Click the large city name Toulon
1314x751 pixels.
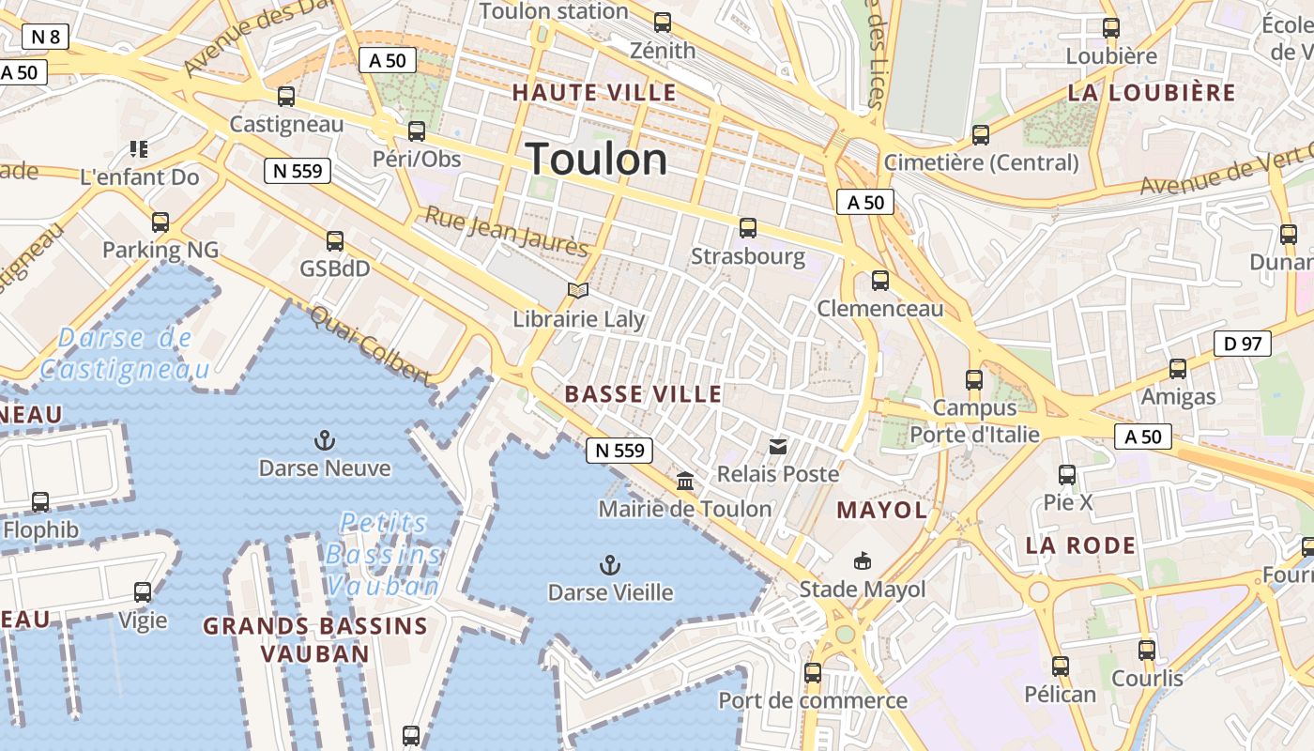[x=597, y=160]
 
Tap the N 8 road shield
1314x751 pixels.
[x=46, y=38]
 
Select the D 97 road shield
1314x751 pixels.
[x=1243, y=344]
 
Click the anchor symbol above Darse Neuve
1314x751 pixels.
[x=325, y=440]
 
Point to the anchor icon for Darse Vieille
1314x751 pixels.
[x=610, y=565]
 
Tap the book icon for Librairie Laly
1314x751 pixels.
[x=578, y=292]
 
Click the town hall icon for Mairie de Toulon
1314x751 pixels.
[x=685, y=482]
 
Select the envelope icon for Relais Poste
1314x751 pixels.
[x=778, y=447]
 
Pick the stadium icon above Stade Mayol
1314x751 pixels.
[x=862, y=561]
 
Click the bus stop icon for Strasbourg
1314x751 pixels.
[x=748, y=228]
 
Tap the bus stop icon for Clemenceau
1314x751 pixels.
[x=880, y=281]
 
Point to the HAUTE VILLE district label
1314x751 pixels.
[x=594, y=93]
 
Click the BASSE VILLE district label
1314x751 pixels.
[x=644, y=394]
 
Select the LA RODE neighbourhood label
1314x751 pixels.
[x=1080, y=545]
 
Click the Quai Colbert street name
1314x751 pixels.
[x=370, y=345]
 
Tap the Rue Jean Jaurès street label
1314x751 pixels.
[x=507, y=231]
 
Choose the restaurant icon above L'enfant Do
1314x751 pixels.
[x=139, y=149]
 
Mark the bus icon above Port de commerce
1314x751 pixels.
[x=813, y=673]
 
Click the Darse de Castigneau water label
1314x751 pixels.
[x=125, y=354]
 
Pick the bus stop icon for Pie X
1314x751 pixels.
[x=1067, y=475]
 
